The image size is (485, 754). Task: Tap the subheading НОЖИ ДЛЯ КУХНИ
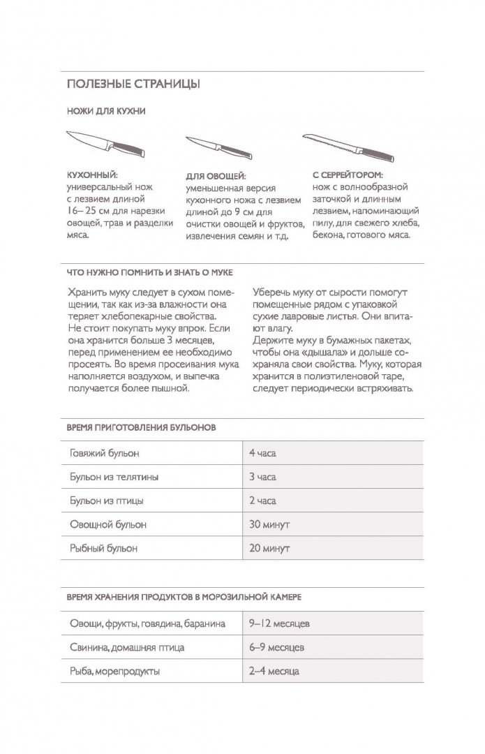point(105,111)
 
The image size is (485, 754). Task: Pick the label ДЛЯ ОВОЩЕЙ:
point(216,177)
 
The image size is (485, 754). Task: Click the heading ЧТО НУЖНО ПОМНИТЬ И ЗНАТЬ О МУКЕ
point(149,272)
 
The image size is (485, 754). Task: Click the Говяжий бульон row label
point(105,453)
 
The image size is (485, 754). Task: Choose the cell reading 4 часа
point(262,453)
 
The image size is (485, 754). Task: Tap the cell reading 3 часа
point(262,477)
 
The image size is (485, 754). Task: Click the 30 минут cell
point(269,524)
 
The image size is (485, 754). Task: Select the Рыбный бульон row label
point(104,548)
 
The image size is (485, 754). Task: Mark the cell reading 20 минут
point(269,548)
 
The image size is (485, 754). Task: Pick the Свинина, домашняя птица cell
point(127,647)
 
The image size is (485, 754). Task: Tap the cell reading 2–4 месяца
point(274,671)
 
